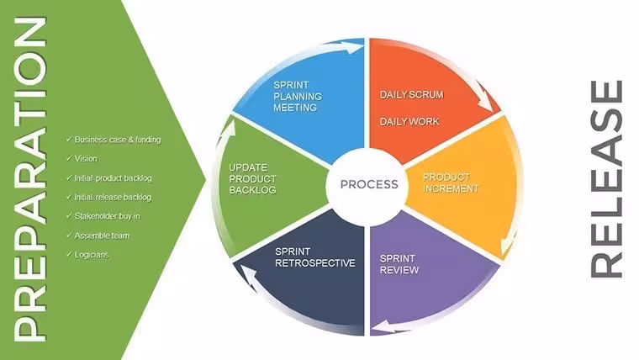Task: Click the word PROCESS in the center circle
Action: [369, 184]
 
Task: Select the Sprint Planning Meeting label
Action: [298, 96]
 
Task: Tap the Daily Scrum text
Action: [412, 94]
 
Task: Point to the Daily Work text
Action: [409, 121]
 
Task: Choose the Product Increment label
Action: [451, 183]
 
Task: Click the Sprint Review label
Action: [399, 264]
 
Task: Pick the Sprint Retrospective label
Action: [315, 257]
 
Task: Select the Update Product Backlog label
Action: [253, 179]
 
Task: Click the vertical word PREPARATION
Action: [29, 179]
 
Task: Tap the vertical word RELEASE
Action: [607, 179]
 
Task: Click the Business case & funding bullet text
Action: [118, 140]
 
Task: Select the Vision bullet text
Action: [86, 159]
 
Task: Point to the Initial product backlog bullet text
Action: [113, 178]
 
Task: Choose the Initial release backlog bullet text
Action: [113, 198]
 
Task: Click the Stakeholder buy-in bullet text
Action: [107, 216]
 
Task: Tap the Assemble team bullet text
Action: [102, 236]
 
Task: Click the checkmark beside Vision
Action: [69, 158]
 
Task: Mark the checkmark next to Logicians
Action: [69, 254]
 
